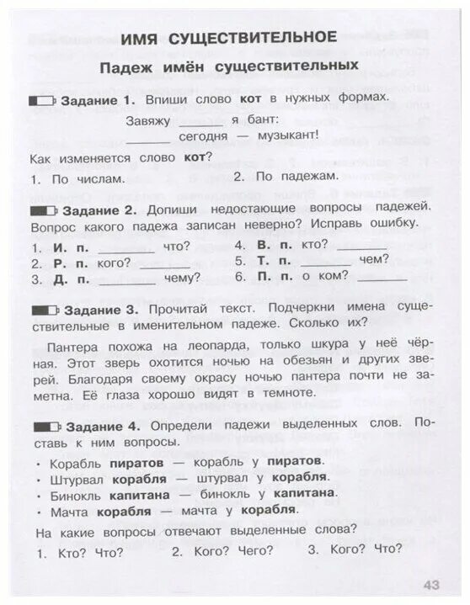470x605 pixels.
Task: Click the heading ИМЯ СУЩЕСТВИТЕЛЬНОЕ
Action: pyautogui.click(x=229, y=37)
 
